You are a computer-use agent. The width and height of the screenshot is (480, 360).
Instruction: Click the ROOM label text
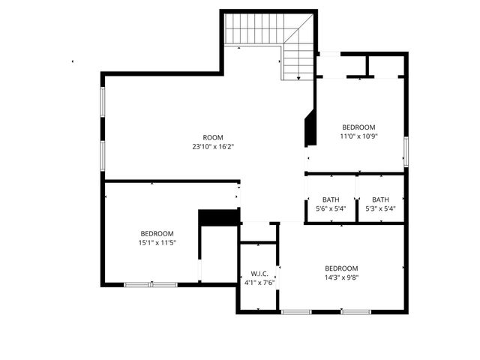tap(213, 137)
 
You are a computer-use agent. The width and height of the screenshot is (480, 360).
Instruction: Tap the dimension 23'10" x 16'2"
tap(213, 147)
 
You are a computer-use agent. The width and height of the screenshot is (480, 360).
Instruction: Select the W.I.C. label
tap(259, 273)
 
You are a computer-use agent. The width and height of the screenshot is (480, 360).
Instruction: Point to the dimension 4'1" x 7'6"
tap(259, 283)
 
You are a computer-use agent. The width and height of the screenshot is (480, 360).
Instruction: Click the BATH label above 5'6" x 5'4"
tap(330, 199)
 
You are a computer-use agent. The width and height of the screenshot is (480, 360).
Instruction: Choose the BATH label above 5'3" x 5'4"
tap(381, 199)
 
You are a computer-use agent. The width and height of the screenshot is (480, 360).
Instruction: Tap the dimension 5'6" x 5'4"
tap(330, 208)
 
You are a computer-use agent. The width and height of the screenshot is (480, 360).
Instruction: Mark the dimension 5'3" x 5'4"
tap(381, 208)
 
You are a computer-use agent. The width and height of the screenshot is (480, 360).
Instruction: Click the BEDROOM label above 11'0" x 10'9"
tap(358, 127)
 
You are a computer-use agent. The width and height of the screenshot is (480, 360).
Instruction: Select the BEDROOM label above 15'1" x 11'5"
tap(156, 233)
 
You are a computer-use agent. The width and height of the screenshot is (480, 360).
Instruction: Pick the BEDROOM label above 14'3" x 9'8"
tap(341, 268)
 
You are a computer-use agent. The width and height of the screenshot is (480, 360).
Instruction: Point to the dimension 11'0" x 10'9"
tap(358, 136)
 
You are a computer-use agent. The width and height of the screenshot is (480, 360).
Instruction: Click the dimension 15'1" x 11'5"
tap(156, 243)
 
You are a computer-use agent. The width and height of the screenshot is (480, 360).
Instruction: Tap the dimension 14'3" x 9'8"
tap(341, 277)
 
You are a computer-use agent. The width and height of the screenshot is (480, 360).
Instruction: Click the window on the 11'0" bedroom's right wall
tap(406, 151)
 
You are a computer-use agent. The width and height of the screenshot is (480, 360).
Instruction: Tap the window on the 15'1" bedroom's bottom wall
tap(151, 284)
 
